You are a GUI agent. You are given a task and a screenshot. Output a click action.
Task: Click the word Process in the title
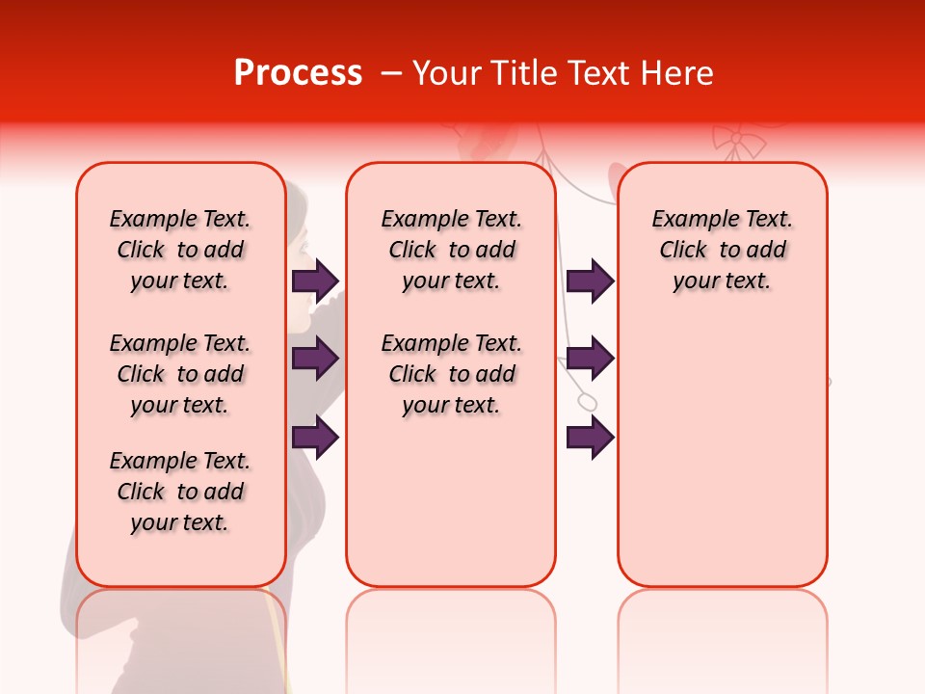298,73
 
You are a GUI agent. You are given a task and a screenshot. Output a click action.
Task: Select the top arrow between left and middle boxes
315,280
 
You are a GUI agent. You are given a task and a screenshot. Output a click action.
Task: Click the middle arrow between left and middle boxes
315,359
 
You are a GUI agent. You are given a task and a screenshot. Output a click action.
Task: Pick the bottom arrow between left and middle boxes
315,438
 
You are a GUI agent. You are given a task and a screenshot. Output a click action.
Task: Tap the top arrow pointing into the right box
590,280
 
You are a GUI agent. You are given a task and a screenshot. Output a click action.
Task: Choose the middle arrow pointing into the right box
590,359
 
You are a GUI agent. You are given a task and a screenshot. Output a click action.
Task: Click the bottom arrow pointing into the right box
590,438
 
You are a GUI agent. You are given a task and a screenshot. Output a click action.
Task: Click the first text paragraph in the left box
180,250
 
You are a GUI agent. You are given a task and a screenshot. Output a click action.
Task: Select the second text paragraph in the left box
180,374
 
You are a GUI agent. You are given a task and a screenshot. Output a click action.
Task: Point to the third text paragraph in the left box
180,492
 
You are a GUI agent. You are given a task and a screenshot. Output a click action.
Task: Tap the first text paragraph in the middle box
451,250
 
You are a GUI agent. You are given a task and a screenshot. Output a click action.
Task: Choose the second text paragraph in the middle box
451,374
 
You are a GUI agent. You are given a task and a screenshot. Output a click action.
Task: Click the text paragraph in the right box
722,250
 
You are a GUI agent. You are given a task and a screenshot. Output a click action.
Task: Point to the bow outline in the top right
738,142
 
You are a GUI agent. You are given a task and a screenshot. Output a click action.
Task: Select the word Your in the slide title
443,73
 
